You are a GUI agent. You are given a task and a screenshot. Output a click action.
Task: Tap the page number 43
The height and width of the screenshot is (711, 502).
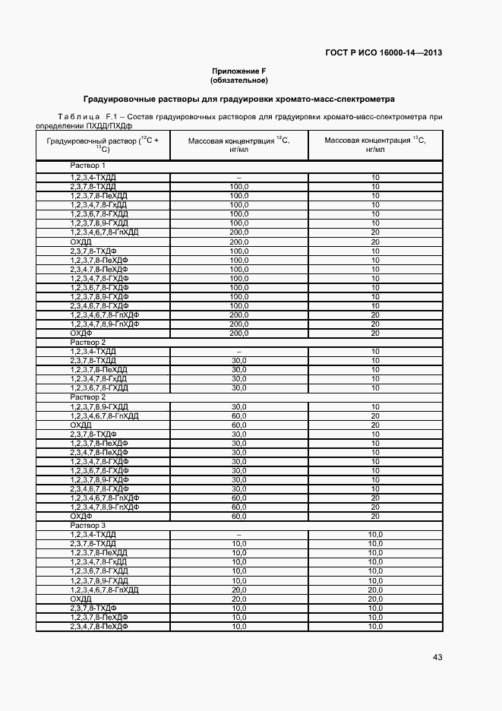pyautogui.click(x=437, y=657)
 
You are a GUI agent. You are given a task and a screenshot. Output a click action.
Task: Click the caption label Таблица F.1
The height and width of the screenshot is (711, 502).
pyautogui.click(x=85, y=116)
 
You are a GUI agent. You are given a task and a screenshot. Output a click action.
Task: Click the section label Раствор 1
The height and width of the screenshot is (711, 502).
pyautogui.click(x=88, y=165)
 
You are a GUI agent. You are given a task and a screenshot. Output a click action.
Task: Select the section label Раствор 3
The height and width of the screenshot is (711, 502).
pyautogui.click(x=88, y=525)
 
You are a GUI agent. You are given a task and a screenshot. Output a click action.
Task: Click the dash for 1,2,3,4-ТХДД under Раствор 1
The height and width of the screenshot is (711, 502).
pyautogui.click(x=238, y=177)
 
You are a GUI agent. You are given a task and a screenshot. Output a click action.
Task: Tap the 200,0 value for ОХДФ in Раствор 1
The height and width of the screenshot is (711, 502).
pyautogui.click(x=238, y=333)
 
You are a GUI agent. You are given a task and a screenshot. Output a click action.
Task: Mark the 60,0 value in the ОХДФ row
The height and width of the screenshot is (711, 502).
pyautogui.click(x=238, y=516)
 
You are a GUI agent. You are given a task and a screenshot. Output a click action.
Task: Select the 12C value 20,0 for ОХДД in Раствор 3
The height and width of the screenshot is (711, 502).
pyautogui.click(x=238, y=599)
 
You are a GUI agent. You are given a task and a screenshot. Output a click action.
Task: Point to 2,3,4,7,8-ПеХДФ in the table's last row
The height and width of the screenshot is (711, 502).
pyautogui.click(x=99, y=626)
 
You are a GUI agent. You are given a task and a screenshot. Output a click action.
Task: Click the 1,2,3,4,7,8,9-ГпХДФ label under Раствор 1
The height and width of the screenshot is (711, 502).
pyautogui.click(x=105, y=324)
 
